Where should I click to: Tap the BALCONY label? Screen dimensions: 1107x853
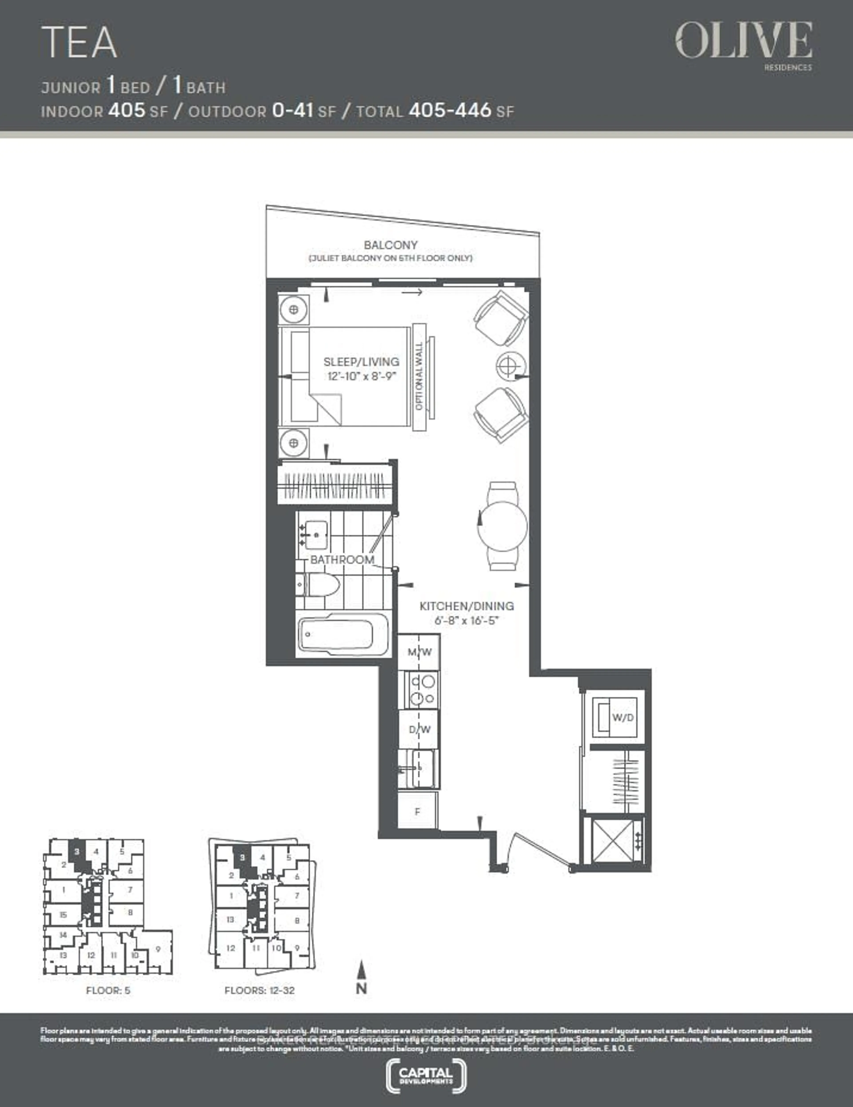(x=390, y=245)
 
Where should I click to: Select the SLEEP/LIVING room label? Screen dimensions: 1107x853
(x=361, y=362)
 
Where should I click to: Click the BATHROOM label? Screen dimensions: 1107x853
(x=342, y=559)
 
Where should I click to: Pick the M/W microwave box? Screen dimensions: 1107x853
(x=419, y=652)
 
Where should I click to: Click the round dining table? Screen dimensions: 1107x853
(x=502, y=526)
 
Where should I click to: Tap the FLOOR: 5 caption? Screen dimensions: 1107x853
(x=108, y=990)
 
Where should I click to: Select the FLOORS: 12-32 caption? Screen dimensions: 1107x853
(x=259, y=990)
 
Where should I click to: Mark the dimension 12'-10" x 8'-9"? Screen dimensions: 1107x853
(x=361, y=376)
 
